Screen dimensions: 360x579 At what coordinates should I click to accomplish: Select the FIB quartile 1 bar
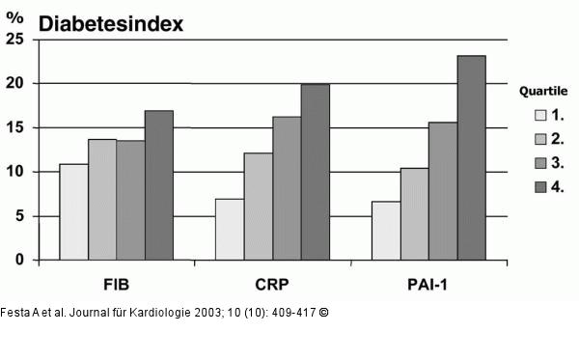[x=73, y=212]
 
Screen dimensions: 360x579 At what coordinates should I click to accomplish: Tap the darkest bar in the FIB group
[x=159, y=185]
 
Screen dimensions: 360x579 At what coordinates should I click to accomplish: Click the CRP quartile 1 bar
[x=229, y=230]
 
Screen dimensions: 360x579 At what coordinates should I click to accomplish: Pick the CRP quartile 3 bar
[x=287, y=188]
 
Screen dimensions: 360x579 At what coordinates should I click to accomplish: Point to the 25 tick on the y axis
[x=14, y=40]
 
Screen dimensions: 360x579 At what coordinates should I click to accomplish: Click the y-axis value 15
[x=14, y=128]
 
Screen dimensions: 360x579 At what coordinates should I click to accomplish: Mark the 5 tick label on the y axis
[x=19, y=216]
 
